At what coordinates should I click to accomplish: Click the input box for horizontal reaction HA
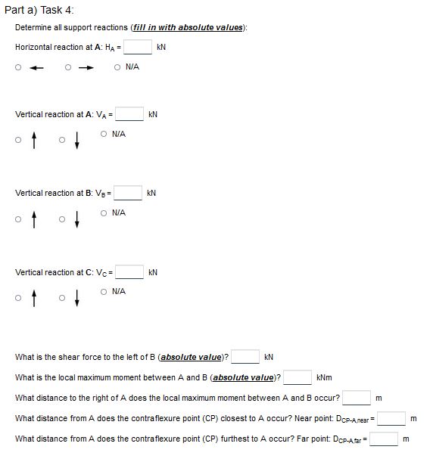coord(138,48)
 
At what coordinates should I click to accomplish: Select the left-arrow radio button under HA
coord(18,67)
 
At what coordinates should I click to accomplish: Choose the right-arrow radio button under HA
coord(68,67)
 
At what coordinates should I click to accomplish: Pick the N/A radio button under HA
coord(117,67)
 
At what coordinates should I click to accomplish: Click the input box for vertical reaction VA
coord(129,115)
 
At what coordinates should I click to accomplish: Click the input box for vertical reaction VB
coord(128,194)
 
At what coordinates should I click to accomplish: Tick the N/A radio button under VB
coord(103,212)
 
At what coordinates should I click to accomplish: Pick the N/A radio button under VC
coord(103,291)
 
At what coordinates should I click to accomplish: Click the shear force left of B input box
coord(246,357)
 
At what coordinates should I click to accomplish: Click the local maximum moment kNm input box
coord(298,377)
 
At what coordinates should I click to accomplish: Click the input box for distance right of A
coord(357,397)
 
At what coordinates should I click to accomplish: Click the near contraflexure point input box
coord(392,418)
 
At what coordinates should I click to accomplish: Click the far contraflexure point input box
coord(382,439)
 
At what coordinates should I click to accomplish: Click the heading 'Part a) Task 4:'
coord(39,9)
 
